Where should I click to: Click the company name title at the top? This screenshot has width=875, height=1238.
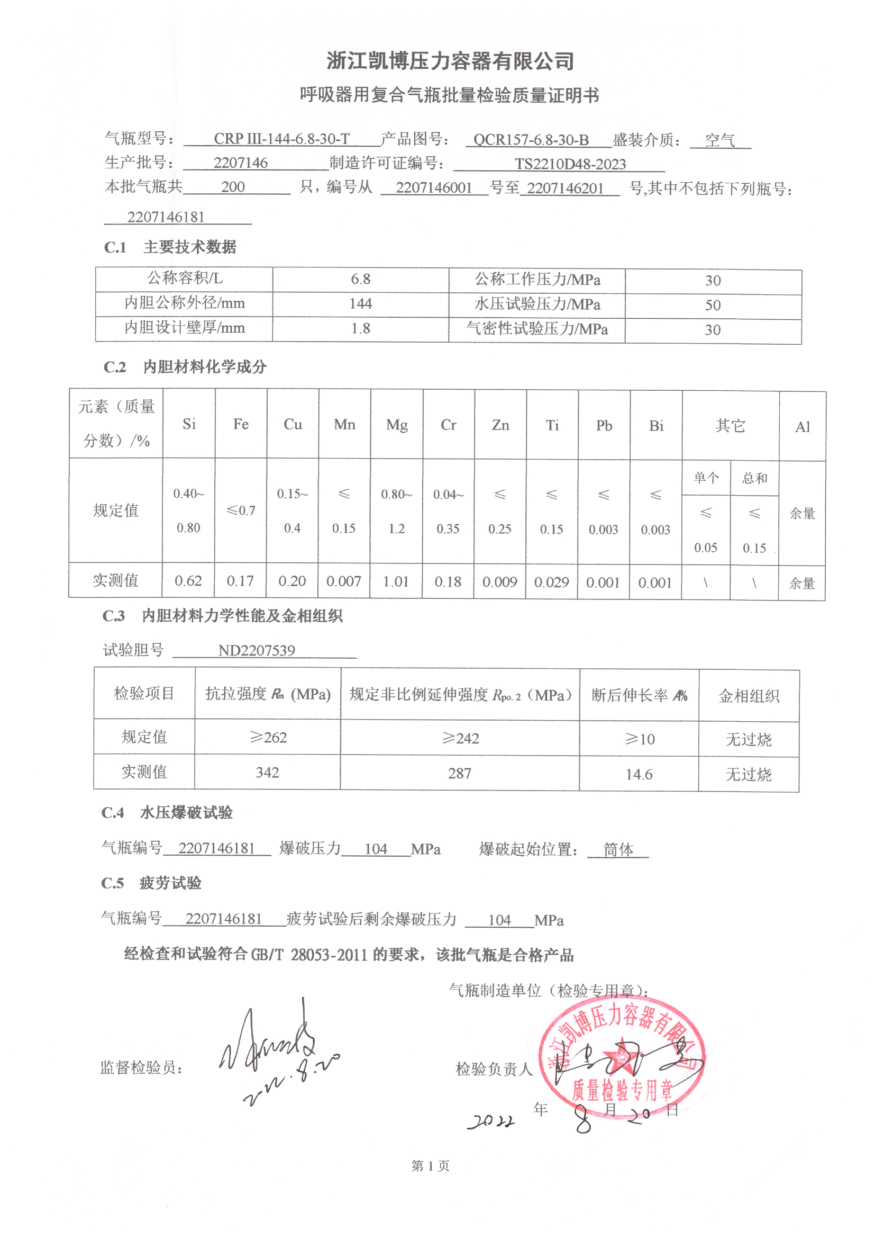click(x=450, y=61)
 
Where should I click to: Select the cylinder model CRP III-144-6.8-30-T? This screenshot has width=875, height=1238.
click(x=282, y=139)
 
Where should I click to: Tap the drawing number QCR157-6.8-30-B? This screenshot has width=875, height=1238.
click(x=531, y=140)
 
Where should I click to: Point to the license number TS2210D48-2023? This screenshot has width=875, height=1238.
click(x=570, y=164)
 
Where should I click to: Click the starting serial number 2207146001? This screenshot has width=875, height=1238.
click(x=434, y=187)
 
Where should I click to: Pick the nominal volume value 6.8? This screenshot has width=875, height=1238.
click(x=360, y=279)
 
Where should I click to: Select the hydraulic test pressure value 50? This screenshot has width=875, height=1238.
click(x=712, y=305)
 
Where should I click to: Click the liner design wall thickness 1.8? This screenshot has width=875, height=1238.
click(x=360, y=328)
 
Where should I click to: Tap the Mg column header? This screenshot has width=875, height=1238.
click(x=397, y=425)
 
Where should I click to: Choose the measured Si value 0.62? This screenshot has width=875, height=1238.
click(x=188, y=581)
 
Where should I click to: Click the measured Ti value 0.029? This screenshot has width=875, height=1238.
click(x=551, y=582)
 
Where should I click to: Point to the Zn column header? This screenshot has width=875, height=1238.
click(x=500, y=425)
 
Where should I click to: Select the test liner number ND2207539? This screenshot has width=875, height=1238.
click(x=257, y=650)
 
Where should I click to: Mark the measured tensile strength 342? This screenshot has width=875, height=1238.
click(x=267, y=773)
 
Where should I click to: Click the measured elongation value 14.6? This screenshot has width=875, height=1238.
click(x=639, y=775)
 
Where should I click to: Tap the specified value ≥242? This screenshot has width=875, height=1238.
click(x=460, y=738)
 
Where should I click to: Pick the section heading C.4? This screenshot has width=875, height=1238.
click(x=113, y=813)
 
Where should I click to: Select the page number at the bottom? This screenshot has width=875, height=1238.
click(x=430, y=1166)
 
